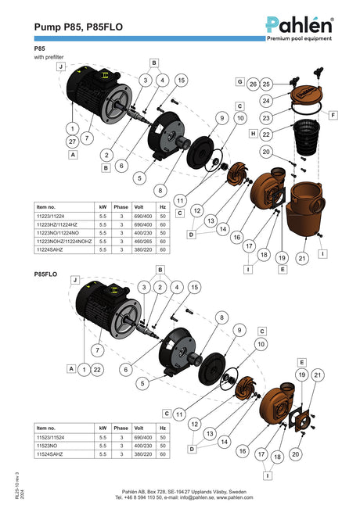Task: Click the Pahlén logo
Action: [x=299, y=29]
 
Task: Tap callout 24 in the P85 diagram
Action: [x=266, y=101]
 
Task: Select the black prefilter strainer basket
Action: [x=306, y=137]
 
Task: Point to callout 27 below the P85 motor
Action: [x=73, y=142]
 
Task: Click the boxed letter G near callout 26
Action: [x=239, y=81]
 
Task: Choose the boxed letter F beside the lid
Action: [x=333, y=115]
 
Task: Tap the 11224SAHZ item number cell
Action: [x=50, y=249]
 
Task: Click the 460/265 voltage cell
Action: [x=143, y=242]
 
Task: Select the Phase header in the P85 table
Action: [x=121, y=207]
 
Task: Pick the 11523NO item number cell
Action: [x=47, y=446]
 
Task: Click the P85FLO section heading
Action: [x=45, y=274]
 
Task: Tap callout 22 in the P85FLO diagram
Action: [x=97, y=369]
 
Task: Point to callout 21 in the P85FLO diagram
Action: [x=318, y=375]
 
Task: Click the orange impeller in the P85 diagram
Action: [x=236, y=173]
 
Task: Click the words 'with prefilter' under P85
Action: [x=49, y=57]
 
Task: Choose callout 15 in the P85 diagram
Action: [x=182, y=80]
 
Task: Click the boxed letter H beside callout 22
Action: [x=254, y=134]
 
